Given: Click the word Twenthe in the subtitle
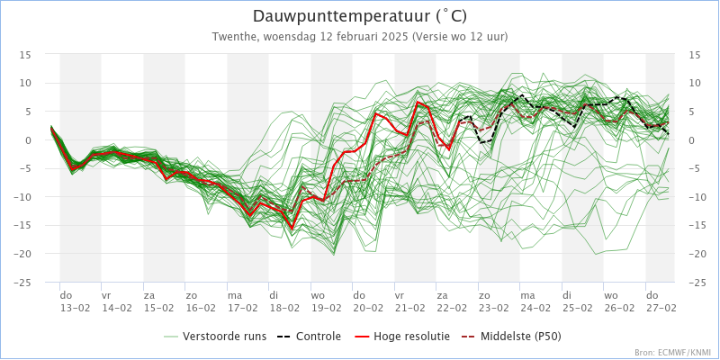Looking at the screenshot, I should point(235,37).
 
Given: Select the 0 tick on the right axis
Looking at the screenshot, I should point(692,140).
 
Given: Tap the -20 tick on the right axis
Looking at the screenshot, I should point(696,254).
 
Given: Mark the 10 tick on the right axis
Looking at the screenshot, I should point(694,84).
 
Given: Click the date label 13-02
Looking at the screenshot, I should point(76,307).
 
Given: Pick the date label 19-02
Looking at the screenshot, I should point(327,307).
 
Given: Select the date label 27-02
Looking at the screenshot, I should point(661,307).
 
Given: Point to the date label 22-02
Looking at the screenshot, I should point(453,307).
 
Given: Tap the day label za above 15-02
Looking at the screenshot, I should point(149,295).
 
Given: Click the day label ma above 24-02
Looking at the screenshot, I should point(528,295).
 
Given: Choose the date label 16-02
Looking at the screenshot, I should point(201,307).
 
